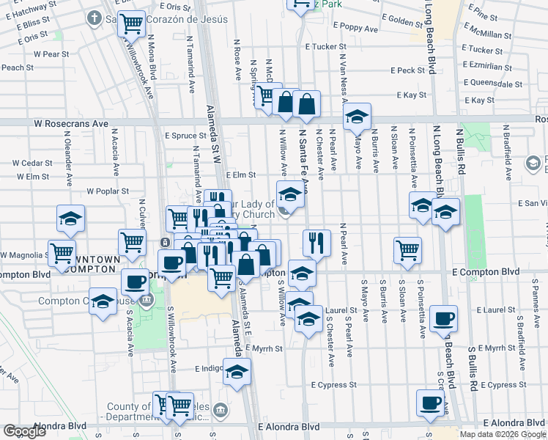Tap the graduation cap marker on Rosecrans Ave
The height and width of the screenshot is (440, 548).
[x=357, y=117]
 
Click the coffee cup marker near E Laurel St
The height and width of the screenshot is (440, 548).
[x=443, y=319]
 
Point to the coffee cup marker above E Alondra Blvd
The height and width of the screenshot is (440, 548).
[x=431, y=403]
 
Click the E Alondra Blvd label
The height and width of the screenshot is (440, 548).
[x=289, y=426]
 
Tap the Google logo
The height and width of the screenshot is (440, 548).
[x=24, y=431]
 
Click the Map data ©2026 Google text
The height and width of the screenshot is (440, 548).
[x=502, y=434]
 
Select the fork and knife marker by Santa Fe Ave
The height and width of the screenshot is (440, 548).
[x=316, y=243]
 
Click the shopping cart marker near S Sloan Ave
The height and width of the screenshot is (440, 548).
[x=407, y=249]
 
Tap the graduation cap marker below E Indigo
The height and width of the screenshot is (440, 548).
[x=237, y=372]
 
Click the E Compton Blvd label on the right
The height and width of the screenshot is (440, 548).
[x=486, y=272]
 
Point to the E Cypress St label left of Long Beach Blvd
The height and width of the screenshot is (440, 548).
[x=333, y=384]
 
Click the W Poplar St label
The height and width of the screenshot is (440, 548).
[x=108, y=191]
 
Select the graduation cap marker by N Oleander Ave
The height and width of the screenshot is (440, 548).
[x=70, y=219]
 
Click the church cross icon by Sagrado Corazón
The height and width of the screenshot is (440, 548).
[x=95, y=17]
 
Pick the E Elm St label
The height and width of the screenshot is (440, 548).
[x=240, y=175]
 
